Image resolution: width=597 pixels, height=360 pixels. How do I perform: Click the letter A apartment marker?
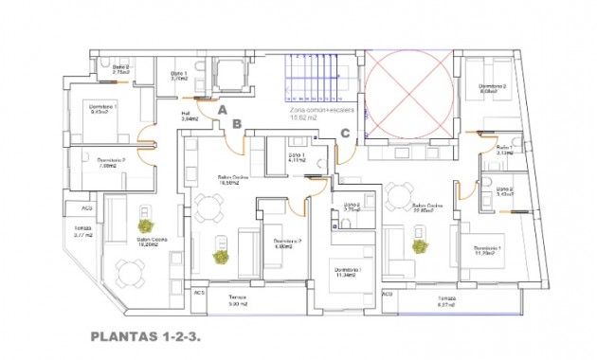(x=222, y=110)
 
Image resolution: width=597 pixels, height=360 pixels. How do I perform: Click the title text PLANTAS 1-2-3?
(x=147, y=335)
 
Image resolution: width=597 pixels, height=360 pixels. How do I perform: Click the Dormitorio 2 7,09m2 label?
(x=111, y=163)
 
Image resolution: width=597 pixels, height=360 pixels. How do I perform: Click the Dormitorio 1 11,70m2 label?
(x=490, y=251)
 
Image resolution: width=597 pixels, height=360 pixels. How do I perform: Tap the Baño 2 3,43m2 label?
(x=504, y=192)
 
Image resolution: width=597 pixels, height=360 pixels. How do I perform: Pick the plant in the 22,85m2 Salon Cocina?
(x=417, y=244)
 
